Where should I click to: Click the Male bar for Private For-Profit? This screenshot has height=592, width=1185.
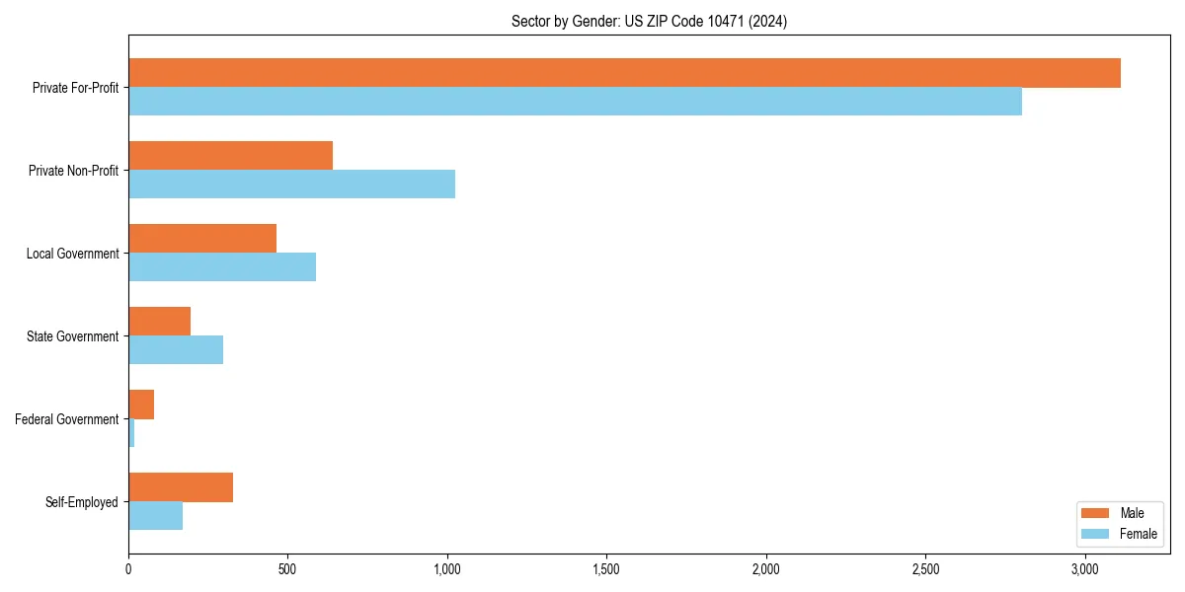[x=624, y=73]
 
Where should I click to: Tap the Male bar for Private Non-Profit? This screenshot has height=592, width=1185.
[x=230, y=156]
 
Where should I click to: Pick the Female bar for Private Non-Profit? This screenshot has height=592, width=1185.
[x=291, y=185]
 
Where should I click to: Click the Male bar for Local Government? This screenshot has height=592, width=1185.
[x=202, y=239]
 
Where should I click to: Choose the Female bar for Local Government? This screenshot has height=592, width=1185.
[x=222, y=267]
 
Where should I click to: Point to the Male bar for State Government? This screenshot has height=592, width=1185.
[x=159, y=322]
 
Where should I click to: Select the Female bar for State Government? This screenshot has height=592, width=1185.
[x=176, y=350]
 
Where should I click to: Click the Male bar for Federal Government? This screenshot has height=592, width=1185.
[x=141, y=405]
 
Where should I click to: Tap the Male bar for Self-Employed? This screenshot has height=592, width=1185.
[x=181, y=487]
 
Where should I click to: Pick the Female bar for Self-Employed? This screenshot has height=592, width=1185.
[x=155, y=516]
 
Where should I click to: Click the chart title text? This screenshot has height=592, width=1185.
[x=649, y=21]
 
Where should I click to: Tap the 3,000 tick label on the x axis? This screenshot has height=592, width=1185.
[x=1084, y=569]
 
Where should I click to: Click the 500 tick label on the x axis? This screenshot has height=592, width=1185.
[x=287, y=569]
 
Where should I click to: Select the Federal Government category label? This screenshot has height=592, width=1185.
[x=67, y=419]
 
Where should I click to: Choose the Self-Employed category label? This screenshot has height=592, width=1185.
[x=82, y=502]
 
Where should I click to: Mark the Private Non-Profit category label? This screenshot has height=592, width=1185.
[x=73, y=171]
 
